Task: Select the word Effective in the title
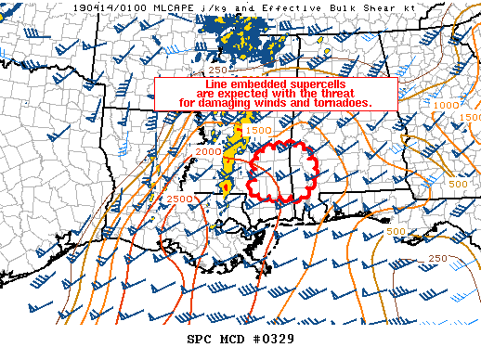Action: pyautogui.click(x=266, y=6)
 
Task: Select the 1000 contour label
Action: pyautogui.click(x=447, y=106)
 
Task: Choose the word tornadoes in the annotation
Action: pyautogui.click(x=342, y=103)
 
